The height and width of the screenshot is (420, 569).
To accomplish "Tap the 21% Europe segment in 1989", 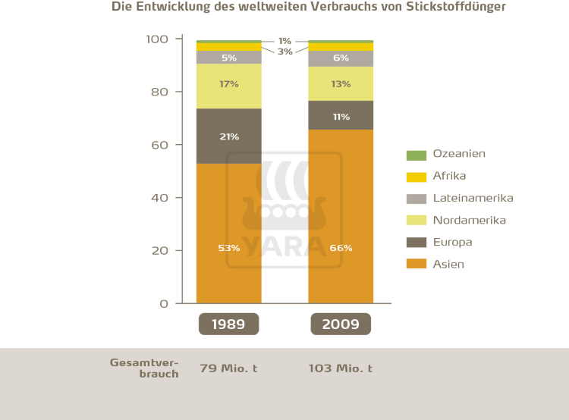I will (x=228, y=136).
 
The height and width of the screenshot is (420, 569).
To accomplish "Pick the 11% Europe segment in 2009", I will (x=341, y=117).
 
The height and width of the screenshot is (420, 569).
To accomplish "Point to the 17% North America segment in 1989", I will (x=228, y=86).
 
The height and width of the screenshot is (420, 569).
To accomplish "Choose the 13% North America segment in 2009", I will (x=341, y=83).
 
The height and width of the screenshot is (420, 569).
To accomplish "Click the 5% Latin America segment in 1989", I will (x=228, y=58).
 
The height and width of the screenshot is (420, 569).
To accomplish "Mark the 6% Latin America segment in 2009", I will (x=341, y=58).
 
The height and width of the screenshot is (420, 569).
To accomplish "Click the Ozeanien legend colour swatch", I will (x=417, y=155).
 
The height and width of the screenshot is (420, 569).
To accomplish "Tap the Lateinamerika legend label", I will (x=473, y=198).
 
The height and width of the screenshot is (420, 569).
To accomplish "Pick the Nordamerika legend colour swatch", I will (x=417, y=221).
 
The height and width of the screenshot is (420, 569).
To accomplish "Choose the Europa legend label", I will (x=452, y=243).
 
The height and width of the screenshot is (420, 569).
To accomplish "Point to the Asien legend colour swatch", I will (x=417, y=265).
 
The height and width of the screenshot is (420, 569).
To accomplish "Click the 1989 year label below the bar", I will (x=228, y=324).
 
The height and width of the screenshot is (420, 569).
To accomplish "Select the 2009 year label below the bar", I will (x=341, y=324).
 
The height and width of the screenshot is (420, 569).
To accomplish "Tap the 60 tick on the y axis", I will (x=159, y=145).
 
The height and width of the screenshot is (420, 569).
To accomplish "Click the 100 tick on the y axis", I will (x=156, y=39).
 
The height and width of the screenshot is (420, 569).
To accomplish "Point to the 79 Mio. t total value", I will (x=228, y=368).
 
